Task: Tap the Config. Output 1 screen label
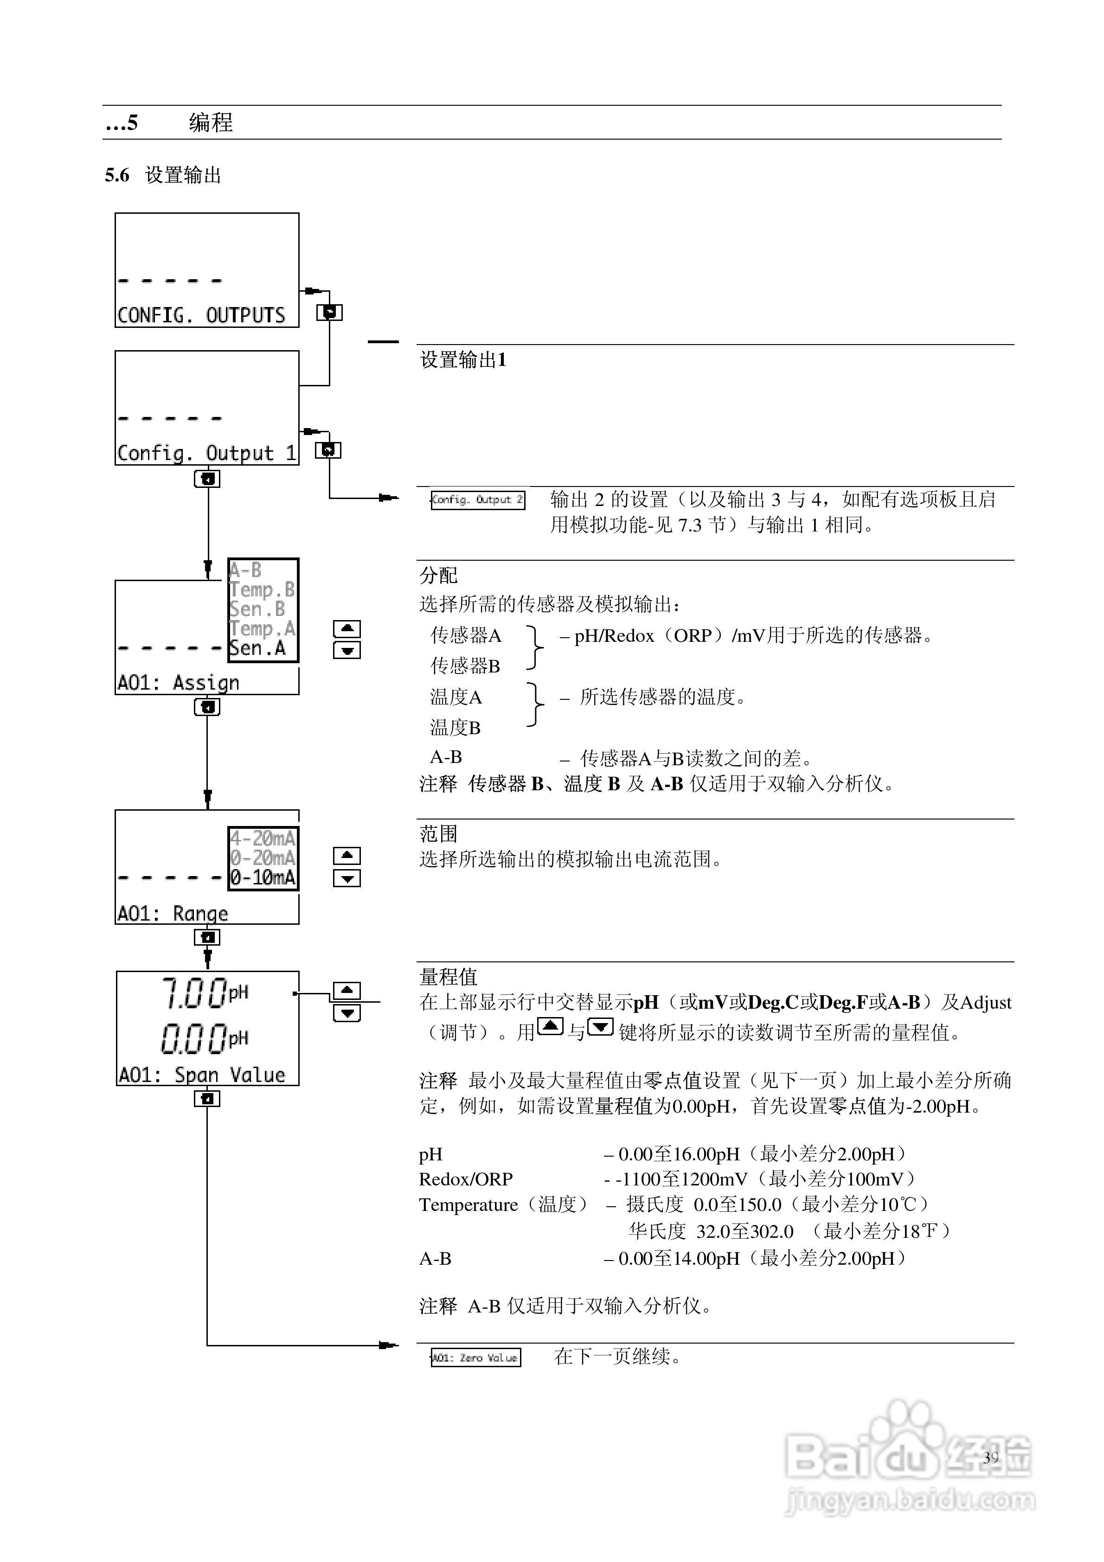[x=206, y=453]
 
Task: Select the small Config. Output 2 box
[x=478, y=500]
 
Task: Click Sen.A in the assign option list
[x=257, y=649]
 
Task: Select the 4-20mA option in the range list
[x=263, y=838]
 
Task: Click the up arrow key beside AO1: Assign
[x=347, y=628]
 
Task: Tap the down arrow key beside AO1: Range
[x=347, y=879]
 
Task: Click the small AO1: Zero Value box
[x=476, y=1358]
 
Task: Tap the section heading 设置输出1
[x=463, y=360]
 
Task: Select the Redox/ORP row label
[x=466, y=1179]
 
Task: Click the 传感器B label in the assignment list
[x=465, y=666]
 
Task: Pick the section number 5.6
[x=117, y=175]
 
